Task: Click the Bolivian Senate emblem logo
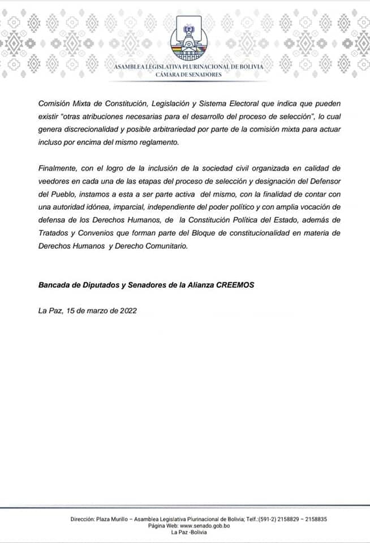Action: (188, 41)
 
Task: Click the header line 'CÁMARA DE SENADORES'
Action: (188, 74)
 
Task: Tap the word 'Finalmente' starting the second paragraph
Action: (59, 169)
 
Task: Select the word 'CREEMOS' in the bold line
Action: (235, 285)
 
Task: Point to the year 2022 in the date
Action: (127, 311)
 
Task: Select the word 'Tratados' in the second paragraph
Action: (55, 234)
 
